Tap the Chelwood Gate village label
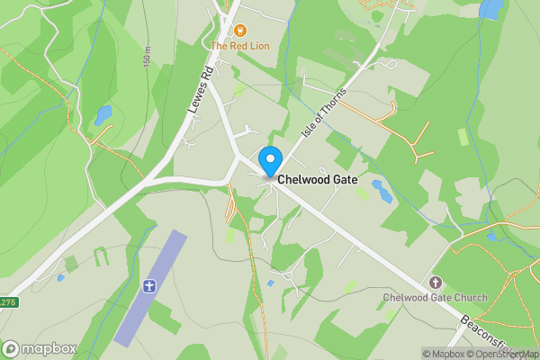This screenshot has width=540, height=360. tap(323, 180)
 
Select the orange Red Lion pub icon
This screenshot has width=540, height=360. tap(239, 30)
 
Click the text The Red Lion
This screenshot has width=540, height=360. tap(239, 45)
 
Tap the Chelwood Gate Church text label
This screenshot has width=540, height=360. tap(435, 298)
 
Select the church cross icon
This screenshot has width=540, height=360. tap(436, 283)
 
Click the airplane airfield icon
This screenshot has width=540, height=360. tap(149, 287)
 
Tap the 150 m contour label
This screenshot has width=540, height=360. tap(146, 56)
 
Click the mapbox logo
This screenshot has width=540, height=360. tap(40, 348)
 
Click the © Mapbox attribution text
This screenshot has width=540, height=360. tap(442, 354)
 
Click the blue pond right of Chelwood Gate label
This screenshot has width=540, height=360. tap(382, 191)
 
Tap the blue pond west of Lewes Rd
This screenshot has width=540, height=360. tap(103, 115)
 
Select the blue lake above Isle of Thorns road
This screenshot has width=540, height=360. tap(491, 9)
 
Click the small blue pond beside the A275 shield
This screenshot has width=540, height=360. tap(60, 278)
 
